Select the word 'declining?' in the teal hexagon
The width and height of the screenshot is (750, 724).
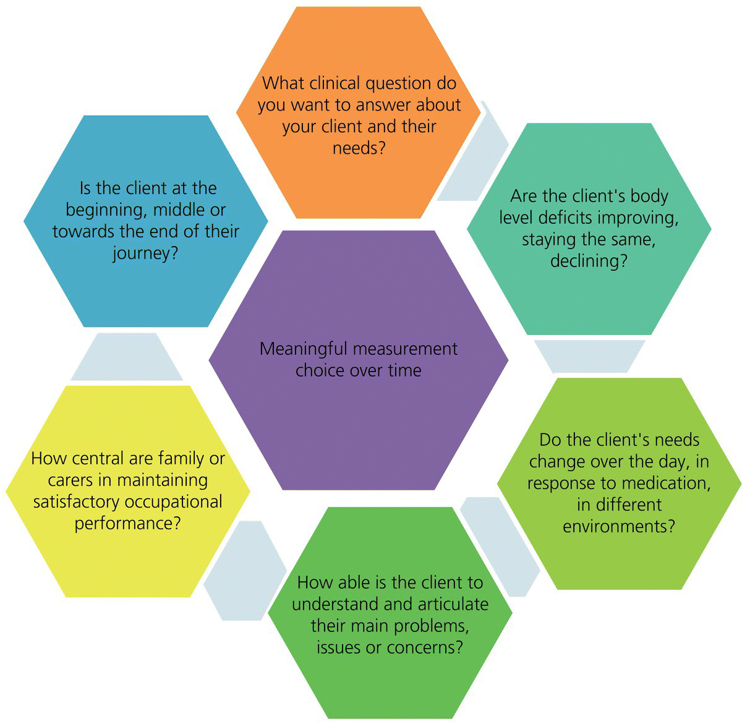(589, 261)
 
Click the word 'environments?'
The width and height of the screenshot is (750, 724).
(618, 526)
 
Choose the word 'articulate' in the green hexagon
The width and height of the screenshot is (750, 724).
(450, 603)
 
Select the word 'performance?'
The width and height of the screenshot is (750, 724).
(128, 523)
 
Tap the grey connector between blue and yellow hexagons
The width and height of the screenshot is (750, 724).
(126, 357)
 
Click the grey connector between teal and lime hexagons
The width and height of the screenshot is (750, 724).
(589, 356)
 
